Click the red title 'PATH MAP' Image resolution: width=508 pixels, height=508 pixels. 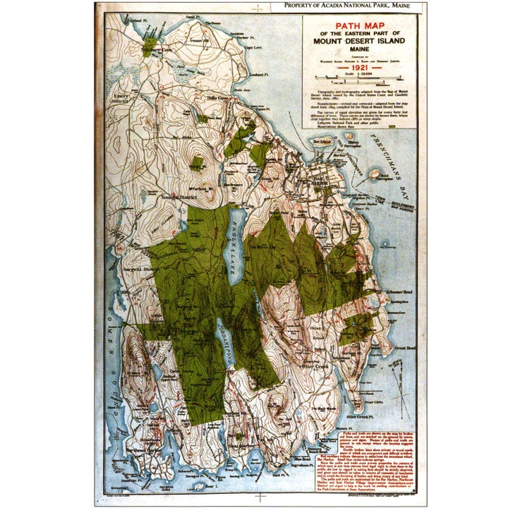pyautogui.click(x=358, y=25)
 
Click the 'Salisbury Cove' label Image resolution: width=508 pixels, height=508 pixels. pyautogui.click(x=157, y=50)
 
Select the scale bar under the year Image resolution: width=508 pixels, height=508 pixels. pyautogui.click(x=358, y=78)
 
